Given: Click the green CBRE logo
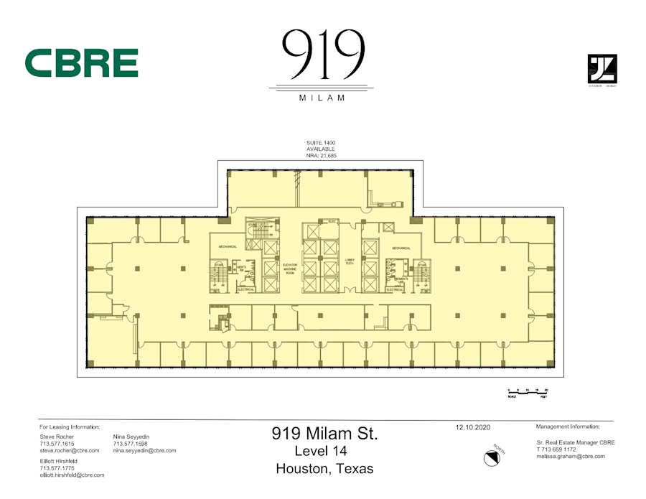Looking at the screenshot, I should click(x=81, y=63).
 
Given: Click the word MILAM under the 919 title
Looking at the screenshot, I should click(x=321, y=98).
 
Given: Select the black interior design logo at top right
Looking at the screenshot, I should click(x=601, y=70).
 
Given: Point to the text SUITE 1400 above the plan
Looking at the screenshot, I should click(x=321, y=143).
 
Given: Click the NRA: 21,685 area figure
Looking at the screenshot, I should click(x=321, y=155).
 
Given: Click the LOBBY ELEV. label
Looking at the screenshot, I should click(x=350, y=263).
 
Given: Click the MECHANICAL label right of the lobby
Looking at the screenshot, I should click(x=401, y=248).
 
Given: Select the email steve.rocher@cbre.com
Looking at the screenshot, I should click(x=69, y=451).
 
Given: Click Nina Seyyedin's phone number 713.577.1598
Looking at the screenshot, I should click(x=129, y=444).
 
